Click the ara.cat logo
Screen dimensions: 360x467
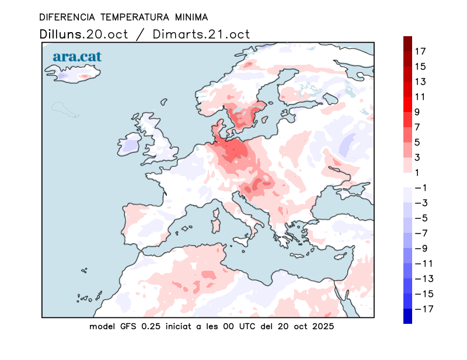77,57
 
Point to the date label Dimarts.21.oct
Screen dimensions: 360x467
201,34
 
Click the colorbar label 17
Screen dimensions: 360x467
420,51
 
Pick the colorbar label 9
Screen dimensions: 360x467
417,112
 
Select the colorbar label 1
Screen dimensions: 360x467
417,172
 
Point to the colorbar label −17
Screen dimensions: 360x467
423,309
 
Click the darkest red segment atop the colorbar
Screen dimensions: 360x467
407,40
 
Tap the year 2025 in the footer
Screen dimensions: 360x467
322,326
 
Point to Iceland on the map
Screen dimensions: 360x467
73,75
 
